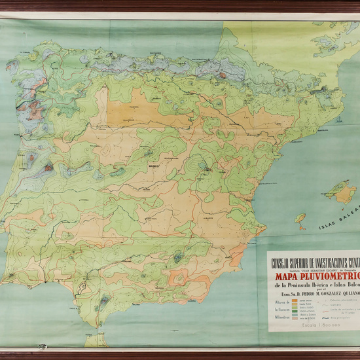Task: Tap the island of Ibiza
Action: [300, 220]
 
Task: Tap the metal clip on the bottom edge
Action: [43, 346]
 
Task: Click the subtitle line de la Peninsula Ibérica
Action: [311, 285]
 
